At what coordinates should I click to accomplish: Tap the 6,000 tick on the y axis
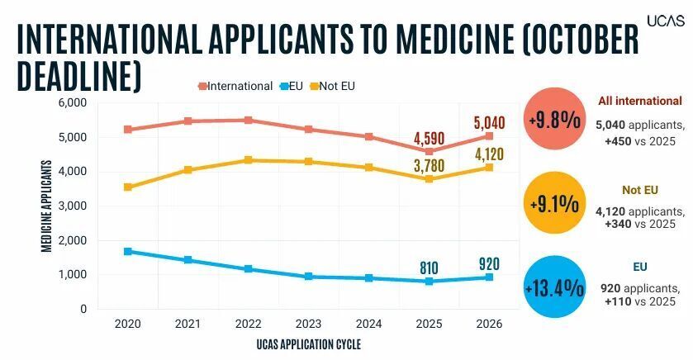(73, 102)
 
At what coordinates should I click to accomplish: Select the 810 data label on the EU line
(429, 268)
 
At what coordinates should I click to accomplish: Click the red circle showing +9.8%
(555, 120)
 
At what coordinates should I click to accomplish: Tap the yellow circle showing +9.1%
(555, 204)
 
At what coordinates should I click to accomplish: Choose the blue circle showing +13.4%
(555, 288)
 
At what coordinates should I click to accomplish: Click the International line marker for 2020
(127, 130)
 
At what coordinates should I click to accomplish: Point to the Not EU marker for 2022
(248, 160)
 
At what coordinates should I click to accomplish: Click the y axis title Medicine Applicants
(47, 205)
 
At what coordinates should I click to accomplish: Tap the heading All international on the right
(641, 102)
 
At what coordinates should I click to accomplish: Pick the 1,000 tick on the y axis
(73, 275)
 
